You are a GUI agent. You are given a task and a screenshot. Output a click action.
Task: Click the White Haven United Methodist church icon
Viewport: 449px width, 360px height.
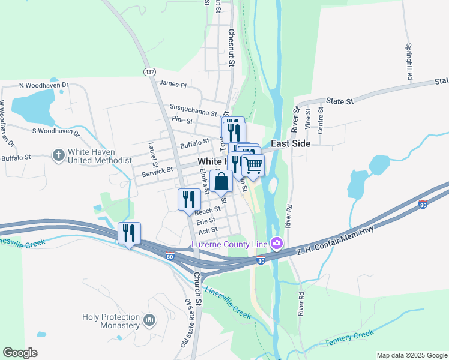(x=59, y=155)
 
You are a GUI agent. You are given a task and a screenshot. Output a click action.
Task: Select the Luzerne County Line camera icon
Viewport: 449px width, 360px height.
(x=277, y=244)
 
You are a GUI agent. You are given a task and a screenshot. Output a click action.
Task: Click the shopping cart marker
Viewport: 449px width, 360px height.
(x=253, y=165)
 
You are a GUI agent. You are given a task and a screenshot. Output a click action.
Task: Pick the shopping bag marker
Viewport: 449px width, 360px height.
(x=221, y=181)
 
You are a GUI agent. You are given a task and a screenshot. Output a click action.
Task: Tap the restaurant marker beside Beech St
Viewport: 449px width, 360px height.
(x=189, y=199)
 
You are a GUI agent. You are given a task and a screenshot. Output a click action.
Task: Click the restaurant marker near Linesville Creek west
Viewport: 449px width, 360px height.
(x=129, y=233)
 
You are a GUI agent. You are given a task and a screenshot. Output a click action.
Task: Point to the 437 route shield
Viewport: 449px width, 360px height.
(x=149, y=71)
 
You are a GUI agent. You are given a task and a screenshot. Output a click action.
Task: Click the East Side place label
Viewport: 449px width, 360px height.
(x=291, y=144)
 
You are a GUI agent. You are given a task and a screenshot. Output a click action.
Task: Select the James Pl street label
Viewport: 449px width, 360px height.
(x=173, y=85)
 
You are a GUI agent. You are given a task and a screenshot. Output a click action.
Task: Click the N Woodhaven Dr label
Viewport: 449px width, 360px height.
(x=44, y=86)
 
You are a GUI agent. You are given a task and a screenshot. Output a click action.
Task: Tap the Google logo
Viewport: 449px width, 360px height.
(x=20, y=353)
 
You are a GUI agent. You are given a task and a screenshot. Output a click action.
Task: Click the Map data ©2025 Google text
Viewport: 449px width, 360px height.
(x=411, y=355)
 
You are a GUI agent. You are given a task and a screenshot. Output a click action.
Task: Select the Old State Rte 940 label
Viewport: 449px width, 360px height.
(x=188, y=323)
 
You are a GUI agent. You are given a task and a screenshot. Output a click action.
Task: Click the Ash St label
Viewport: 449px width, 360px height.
(x=208, y=230)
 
